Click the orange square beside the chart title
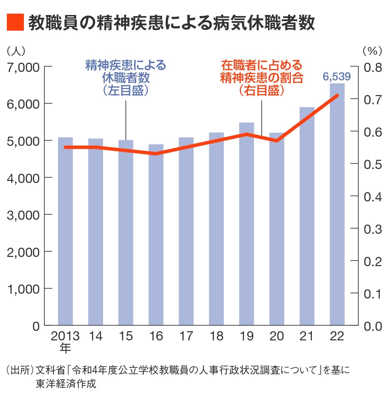[15, 22]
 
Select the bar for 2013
[65, 232]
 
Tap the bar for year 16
[156, 235]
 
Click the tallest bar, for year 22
[337, 204]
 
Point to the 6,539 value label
[337, 77]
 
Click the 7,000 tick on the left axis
[23, 67]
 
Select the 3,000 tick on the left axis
[23, 215]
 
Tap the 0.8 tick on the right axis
[373, 67]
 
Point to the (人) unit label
[16, 51]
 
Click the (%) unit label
[372, 51]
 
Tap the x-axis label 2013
[65, 336]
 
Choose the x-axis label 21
[307, 336]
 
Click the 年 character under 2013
[65, 348]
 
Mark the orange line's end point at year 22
[337, 95]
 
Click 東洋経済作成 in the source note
[66, 384]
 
